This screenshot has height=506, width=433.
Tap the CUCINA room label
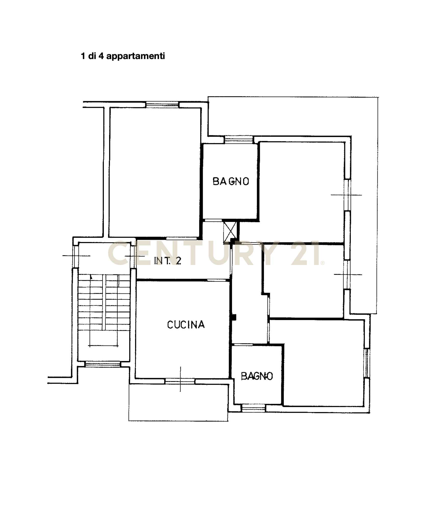[186, 325]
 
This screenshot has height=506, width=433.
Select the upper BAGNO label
[231, 181]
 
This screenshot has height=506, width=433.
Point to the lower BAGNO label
[257, 376]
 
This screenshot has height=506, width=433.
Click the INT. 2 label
[168, 261]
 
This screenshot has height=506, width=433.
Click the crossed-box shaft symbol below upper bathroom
[230, 232]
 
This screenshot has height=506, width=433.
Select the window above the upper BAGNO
[239, 140]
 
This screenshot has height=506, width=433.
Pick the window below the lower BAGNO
[253, 408]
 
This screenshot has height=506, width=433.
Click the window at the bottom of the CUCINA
[180, 381]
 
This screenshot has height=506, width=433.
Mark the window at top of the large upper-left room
[162, 105]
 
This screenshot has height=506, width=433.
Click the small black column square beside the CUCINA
[234, 317]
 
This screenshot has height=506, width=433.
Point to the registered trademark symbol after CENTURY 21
[323, 263]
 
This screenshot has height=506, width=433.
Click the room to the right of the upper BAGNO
[301, 192]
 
